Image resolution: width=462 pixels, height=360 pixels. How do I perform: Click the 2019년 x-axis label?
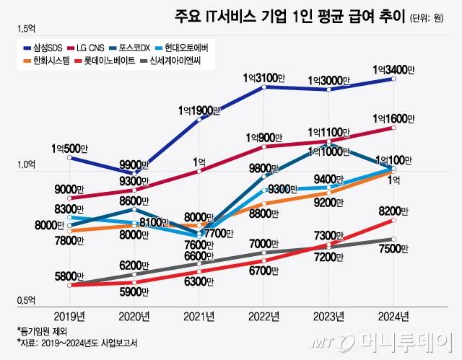tap(69, 315)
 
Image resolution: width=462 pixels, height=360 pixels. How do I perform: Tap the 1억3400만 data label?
tap(393, 69)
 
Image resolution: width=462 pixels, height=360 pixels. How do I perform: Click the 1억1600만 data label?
tap(394, 118)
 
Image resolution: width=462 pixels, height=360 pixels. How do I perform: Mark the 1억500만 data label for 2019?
tap(69, 148)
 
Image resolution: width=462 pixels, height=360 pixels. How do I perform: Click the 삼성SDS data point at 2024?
tap(393, 79)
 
